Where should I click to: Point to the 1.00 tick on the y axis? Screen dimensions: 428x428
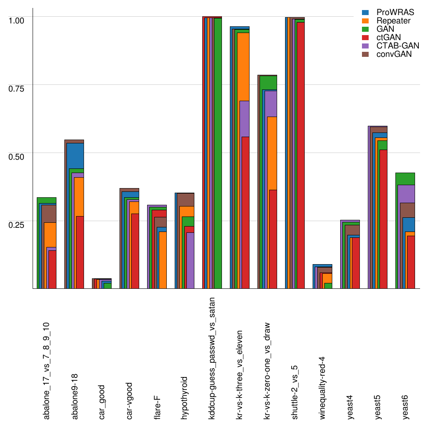point(17,20)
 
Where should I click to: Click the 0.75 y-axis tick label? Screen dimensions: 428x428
point(17,88)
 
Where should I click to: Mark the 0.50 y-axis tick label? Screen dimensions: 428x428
point(17,156)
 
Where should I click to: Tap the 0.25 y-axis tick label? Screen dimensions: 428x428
point(17,224)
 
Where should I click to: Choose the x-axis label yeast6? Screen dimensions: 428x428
point(405,405)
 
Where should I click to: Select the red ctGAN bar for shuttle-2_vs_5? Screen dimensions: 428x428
point(300,155)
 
